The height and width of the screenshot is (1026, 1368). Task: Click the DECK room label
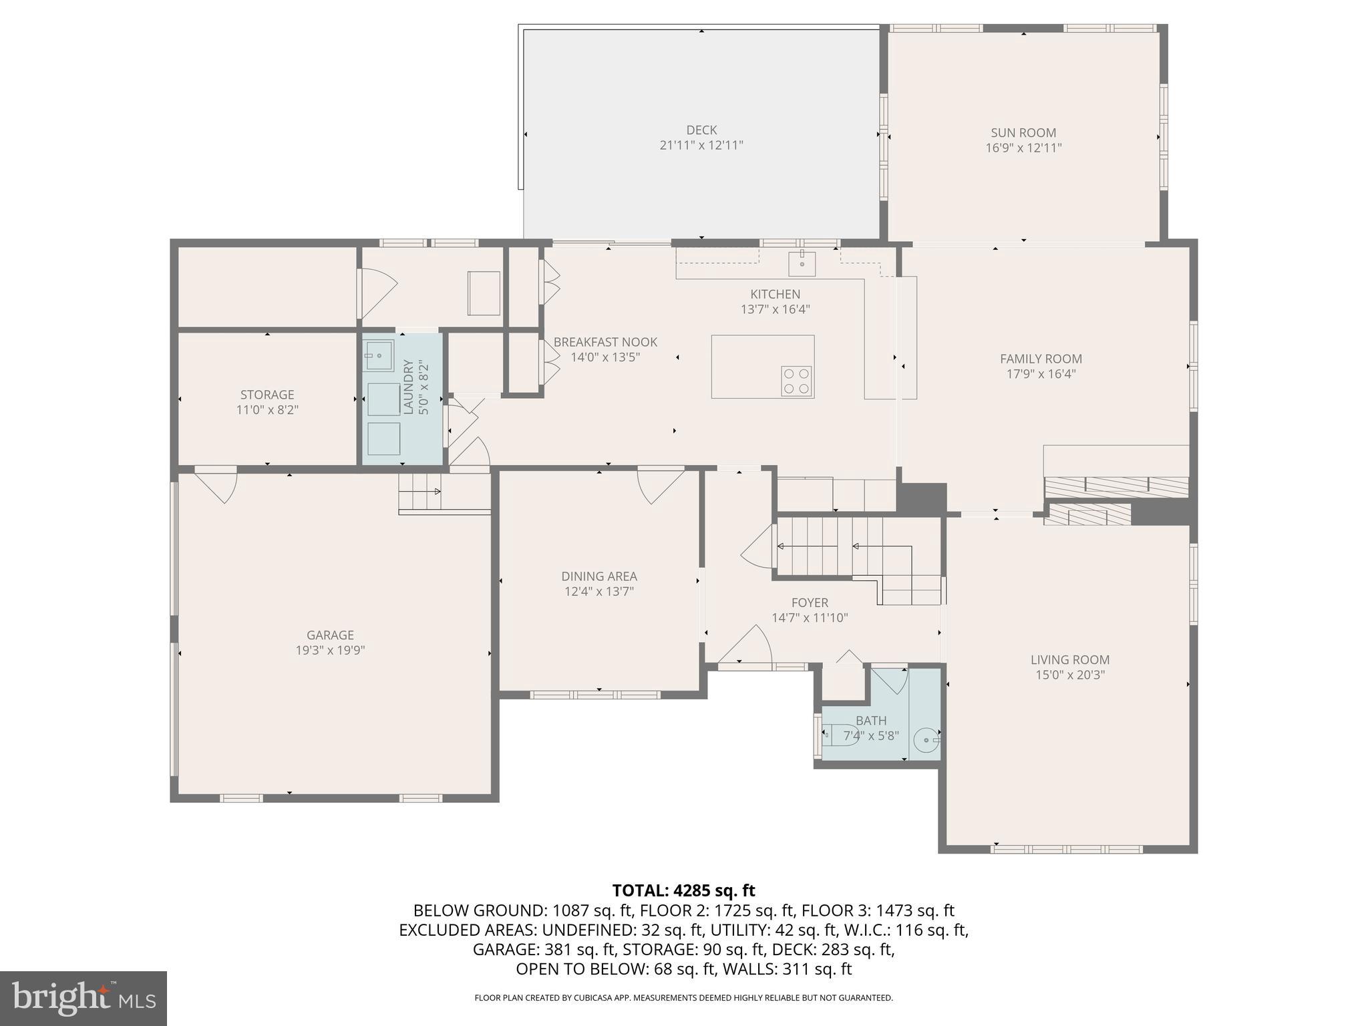coord(701,130)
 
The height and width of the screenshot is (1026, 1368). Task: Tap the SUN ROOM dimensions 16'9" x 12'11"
coord(1023,148)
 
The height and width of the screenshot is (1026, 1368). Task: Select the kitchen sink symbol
coord(802,264)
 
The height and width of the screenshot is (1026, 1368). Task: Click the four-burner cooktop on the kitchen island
coord(797,381)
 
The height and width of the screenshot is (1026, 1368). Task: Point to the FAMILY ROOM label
coord(1041,359)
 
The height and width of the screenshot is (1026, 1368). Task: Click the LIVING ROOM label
coord(1069,660)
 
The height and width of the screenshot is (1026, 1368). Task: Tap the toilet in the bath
coord(839,735)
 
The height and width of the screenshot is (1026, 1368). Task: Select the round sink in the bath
coord(928,739)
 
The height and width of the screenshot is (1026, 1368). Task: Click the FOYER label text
coord(810,603)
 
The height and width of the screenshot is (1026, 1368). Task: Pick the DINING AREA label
coord(598,576)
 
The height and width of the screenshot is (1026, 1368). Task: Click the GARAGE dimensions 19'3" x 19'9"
coord(330,651)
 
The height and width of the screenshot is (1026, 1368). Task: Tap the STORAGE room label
coord(267,395)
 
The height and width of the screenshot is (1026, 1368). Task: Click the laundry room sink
coord(378,355)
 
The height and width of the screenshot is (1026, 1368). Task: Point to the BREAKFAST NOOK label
coord(605,342)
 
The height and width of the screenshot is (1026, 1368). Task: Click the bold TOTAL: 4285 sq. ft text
coord(683,890)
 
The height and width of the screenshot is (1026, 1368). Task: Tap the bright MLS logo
coord(83,998)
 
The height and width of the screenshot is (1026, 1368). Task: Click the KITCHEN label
coord(775,294)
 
